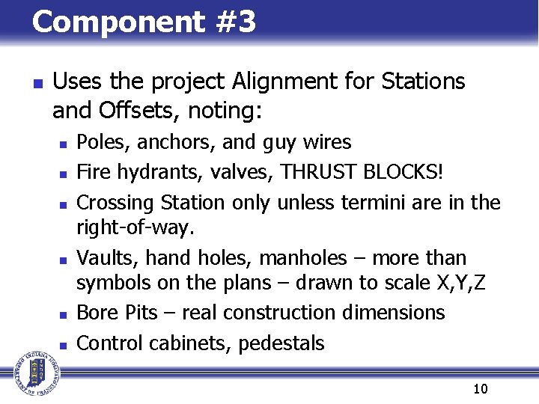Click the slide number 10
tap(480, 389)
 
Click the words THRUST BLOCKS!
tap(362, 172)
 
